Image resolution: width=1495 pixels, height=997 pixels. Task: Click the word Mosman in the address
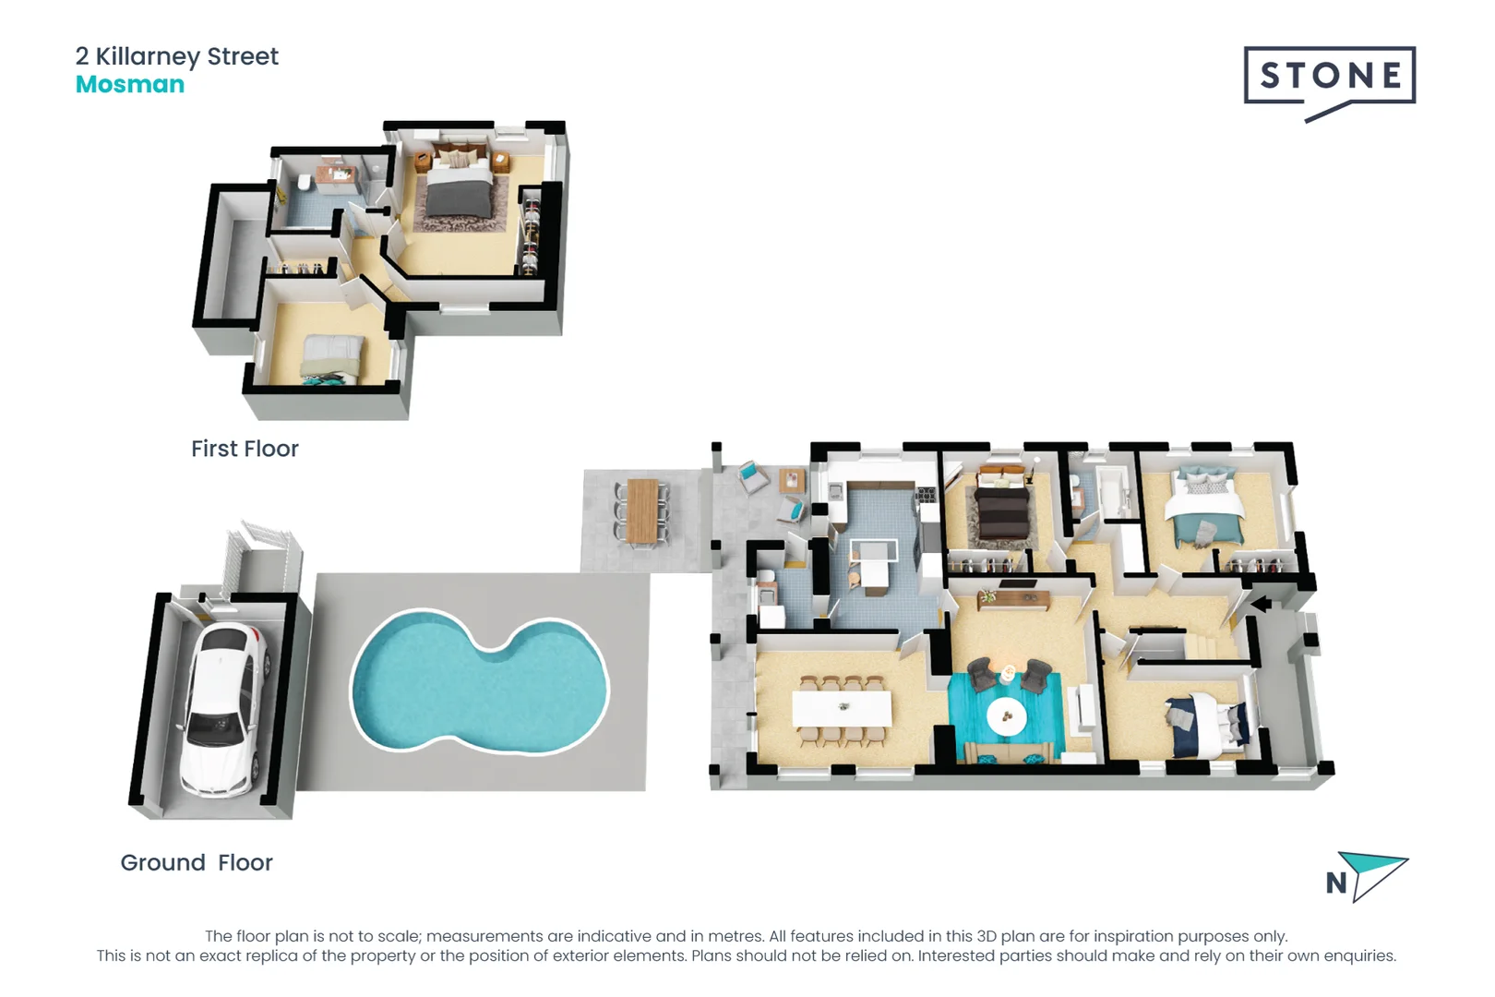130,85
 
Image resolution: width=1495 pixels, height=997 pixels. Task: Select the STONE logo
1329,78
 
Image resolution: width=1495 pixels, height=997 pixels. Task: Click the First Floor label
245,449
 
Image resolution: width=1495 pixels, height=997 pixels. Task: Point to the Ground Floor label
197,862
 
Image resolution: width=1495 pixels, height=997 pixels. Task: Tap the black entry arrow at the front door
1261,605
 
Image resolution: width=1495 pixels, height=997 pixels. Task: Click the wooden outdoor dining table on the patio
642,511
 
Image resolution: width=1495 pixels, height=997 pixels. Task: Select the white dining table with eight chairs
842,709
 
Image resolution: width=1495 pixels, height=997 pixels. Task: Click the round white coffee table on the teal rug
1006,716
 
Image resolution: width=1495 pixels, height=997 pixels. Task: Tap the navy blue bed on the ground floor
1205,720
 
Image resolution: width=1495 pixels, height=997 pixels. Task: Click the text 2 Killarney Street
177,56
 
